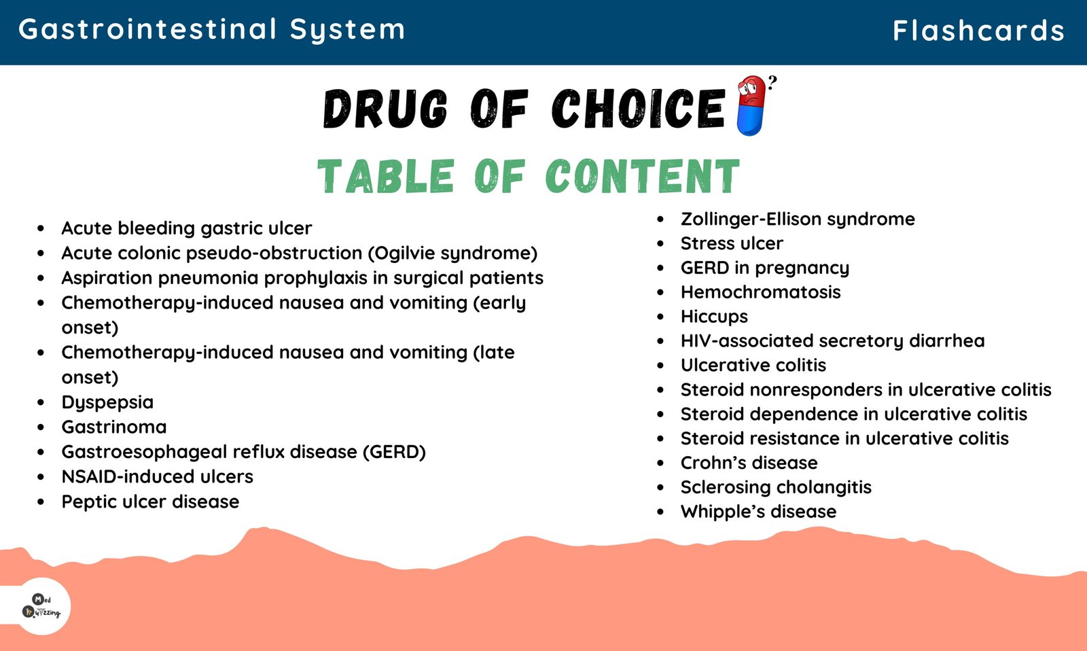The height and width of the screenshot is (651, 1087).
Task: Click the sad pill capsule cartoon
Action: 751,105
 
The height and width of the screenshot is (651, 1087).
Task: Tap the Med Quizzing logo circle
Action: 41,606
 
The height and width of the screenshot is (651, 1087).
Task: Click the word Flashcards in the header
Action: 978,30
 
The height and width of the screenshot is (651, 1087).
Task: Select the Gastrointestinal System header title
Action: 211,30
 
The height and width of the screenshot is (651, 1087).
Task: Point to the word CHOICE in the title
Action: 639,108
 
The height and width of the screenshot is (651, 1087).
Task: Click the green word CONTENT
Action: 643,176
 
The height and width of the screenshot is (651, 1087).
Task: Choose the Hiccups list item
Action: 714,317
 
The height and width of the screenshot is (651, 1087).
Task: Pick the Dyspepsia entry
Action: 107,402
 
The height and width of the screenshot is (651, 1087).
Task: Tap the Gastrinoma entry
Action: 114,427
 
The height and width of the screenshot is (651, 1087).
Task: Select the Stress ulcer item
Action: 732,243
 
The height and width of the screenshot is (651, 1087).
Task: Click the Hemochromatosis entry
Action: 760,292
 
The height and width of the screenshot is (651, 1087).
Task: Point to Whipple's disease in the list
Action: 758,512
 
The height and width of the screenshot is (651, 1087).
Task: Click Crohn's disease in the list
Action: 749,463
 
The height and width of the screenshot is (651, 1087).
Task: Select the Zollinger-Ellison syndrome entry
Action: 798,219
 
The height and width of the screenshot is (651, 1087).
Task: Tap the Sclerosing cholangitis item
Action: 776,487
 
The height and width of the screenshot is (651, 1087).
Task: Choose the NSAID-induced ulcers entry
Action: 157,477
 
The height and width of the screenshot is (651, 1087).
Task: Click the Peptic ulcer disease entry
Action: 150,502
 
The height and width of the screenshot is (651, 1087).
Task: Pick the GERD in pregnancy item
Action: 765,268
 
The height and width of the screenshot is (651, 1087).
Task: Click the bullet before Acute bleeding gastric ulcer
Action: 41,228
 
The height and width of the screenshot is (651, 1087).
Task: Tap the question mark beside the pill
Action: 772,82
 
